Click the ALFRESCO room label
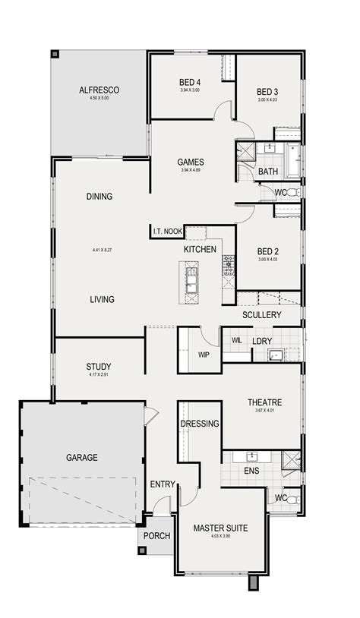(x=99, y=90)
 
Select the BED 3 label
(x=268, y=92)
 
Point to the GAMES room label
(x=190, y=162)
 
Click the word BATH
(x=268, y=172)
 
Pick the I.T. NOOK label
(x=167, y=231)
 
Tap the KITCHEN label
(x=200, y=249)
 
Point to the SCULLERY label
(x=262, y=314)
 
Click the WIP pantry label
(x=203, y=353)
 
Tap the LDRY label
(x=263, y=341)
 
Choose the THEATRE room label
(x=264, y=402)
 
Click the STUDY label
(x=99, y=367)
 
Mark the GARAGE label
(x=81, y=457)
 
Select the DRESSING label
(x=201, y=424)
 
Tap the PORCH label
(x=156, y=535)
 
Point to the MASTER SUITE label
(x=219, y=528)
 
